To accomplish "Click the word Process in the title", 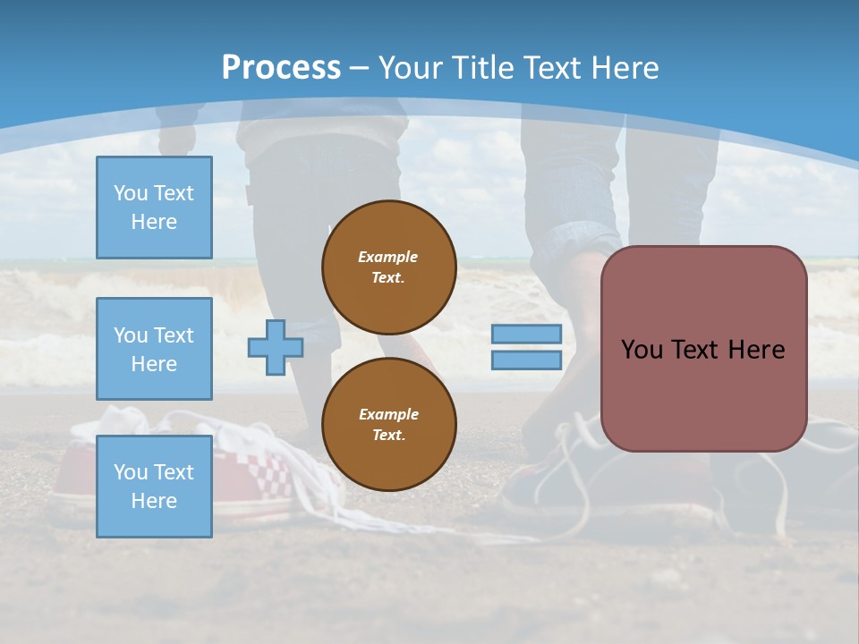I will coord(281,68).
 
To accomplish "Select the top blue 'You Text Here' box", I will coord(154,208).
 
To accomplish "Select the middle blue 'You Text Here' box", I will coord(154,349).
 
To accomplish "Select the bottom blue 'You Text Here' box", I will coord(154,487).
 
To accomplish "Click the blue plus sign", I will coord(275,347).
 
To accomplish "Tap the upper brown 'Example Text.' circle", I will coord(389,267).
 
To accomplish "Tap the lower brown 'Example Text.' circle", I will coord(389,424).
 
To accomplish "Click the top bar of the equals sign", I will coord(526,335).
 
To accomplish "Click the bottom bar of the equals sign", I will coord(526,360).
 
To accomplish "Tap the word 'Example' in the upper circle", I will coord(388,257).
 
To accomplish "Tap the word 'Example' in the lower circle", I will coord(388,414).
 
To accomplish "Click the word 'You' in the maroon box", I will coord(642,350).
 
